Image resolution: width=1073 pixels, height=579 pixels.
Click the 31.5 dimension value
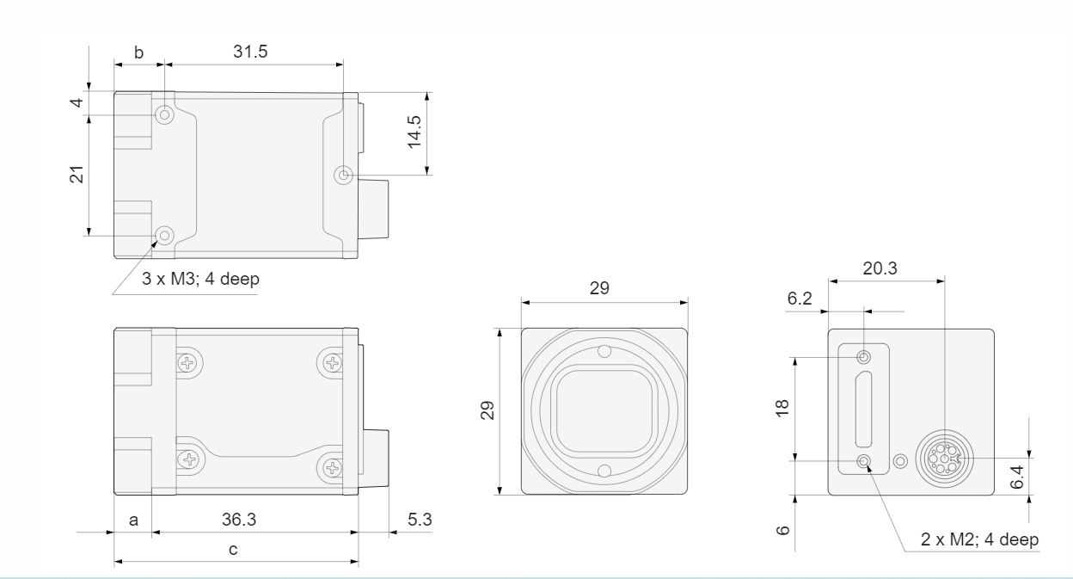point(250,52)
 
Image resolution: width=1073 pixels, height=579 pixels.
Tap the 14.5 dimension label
point(414,132)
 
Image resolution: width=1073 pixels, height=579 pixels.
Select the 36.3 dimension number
point(239,519)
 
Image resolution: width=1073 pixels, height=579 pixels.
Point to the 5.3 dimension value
point(420,519)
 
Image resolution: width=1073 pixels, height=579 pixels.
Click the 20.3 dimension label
point(880,268)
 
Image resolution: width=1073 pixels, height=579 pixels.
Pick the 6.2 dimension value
point(800,299)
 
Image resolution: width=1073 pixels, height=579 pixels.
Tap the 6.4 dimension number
point(1016,477)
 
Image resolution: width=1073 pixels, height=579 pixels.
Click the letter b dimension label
point(138,52)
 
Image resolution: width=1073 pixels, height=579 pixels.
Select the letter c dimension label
point(233,549)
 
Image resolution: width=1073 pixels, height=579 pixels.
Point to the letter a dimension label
point(133,520)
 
